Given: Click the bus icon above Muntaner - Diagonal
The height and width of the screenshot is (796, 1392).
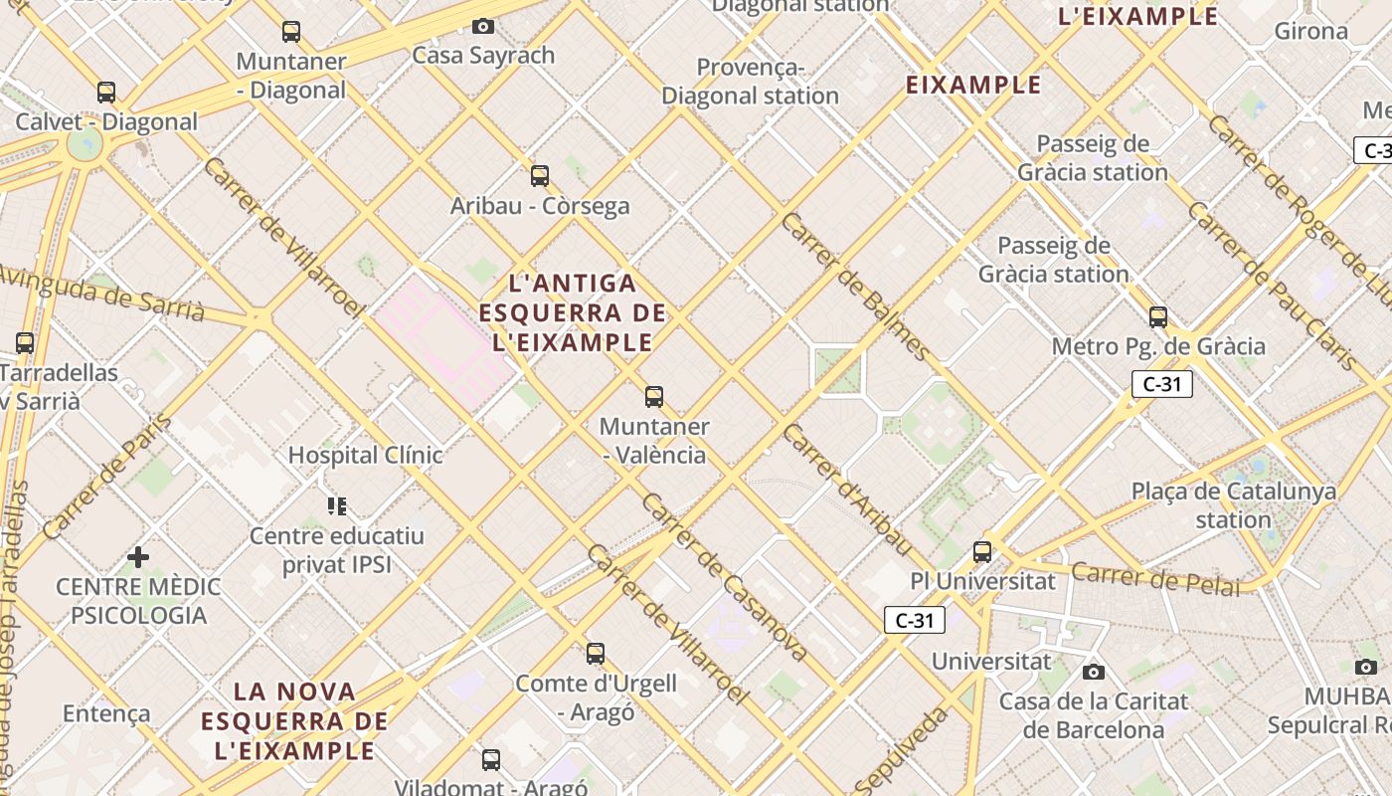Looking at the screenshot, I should point(290,32).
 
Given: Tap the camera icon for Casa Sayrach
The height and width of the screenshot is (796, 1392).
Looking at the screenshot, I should point(483,26).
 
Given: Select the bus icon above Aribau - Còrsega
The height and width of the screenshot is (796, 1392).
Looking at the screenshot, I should point(540,176).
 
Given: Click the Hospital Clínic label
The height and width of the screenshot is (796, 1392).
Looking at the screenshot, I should point(365,455).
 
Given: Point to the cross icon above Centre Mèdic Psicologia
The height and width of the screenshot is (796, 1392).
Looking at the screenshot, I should point(138,557).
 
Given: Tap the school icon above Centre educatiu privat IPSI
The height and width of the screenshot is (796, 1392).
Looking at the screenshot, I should point(337,506).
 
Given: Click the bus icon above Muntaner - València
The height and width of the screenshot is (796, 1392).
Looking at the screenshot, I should point(654,397).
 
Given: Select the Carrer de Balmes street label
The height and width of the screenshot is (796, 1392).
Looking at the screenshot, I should point(855,288).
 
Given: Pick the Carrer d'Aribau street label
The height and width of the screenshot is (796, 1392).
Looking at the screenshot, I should point(846,490).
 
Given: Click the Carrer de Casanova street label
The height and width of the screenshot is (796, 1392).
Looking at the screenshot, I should point(723,578).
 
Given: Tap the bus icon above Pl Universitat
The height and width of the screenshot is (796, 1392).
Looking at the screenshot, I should point(982,551).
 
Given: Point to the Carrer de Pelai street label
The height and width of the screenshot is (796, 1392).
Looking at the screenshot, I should point(1156,578).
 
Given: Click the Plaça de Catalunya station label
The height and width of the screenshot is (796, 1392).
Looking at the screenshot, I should point(1234,505).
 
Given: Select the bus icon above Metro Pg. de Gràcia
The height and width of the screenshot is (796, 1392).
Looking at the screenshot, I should point(1158,317).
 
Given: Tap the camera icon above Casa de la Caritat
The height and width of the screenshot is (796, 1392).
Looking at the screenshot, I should point(1094,672).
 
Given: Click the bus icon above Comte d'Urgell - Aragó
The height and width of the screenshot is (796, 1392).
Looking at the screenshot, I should point(596,654).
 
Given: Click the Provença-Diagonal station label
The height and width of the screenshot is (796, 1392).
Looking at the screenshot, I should point(751,82).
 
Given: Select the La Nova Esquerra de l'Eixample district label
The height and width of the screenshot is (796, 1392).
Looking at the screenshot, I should point(294,720).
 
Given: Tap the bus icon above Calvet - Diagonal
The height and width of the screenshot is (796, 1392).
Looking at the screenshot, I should point(106,93).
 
